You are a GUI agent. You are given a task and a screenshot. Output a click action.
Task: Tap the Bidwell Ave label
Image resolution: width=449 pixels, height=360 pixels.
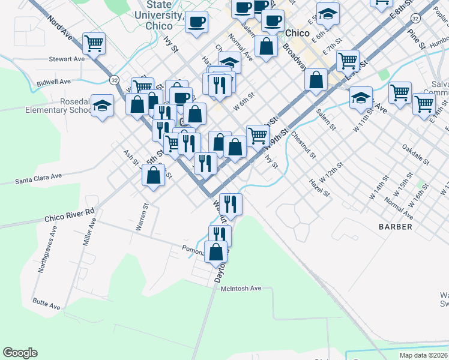tap(54, 82)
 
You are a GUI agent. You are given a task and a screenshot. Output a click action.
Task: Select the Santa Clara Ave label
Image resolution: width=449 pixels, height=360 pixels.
tap(39, 179)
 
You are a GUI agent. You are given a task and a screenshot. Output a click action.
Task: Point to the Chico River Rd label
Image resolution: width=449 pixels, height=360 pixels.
tap(70, 214)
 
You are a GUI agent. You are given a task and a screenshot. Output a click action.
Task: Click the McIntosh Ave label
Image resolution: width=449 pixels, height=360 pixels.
tap(241, 289)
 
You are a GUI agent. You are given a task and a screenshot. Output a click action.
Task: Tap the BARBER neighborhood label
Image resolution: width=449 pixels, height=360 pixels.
tap(396, 227)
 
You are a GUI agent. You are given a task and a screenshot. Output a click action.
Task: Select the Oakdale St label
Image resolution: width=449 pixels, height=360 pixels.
tap(416, 154)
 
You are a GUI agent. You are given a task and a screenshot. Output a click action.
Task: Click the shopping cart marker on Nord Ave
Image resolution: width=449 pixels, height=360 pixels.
tap(94, 43)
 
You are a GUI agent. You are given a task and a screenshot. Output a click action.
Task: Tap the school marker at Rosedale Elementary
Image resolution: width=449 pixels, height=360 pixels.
tap(103, 106)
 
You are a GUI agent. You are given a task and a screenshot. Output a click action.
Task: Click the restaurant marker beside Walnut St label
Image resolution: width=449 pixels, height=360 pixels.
tap(231, 203)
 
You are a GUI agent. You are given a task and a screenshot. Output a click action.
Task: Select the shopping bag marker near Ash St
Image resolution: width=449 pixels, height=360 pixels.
tap(154, 175)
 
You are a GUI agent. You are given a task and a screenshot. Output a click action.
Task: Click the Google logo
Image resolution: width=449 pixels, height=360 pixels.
tap(20, 353)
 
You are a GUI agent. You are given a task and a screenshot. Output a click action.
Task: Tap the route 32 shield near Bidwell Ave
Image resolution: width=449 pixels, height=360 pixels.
tap(113, 79)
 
